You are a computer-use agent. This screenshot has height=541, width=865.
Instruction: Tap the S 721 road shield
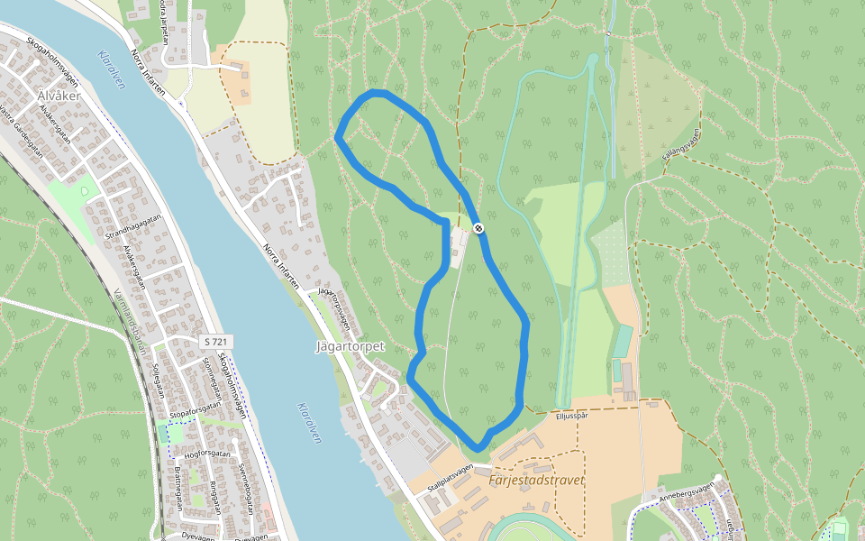pos(214,342)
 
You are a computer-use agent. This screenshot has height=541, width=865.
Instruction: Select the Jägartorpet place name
pos(351,346)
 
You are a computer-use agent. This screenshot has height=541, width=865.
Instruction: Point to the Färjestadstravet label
pos(536,481)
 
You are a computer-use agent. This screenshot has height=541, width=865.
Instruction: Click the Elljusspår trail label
pos(571,416)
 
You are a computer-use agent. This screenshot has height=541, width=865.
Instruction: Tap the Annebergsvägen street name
pos(686,491)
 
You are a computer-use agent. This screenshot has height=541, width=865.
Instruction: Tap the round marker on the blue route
pos(478,228)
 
